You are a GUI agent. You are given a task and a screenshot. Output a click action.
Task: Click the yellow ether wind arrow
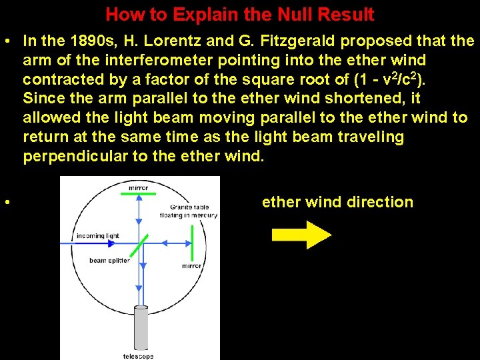(x=300, y=235)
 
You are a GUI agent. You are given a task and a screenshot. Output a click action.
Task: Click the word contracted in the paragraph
(x=57, y=80)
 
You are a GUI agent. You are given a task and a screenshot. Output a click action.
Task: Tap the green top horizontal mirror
(x=139, y=195)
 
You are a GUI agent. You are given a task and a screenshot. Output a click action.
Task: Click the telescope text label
(x=139, y=356)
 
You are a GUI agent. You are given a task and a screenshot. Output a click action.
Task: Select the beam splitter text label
(x=108, y=261)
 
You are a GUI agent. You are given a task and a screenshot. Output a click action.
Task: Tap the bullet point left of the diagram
(x=5, y=202)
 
